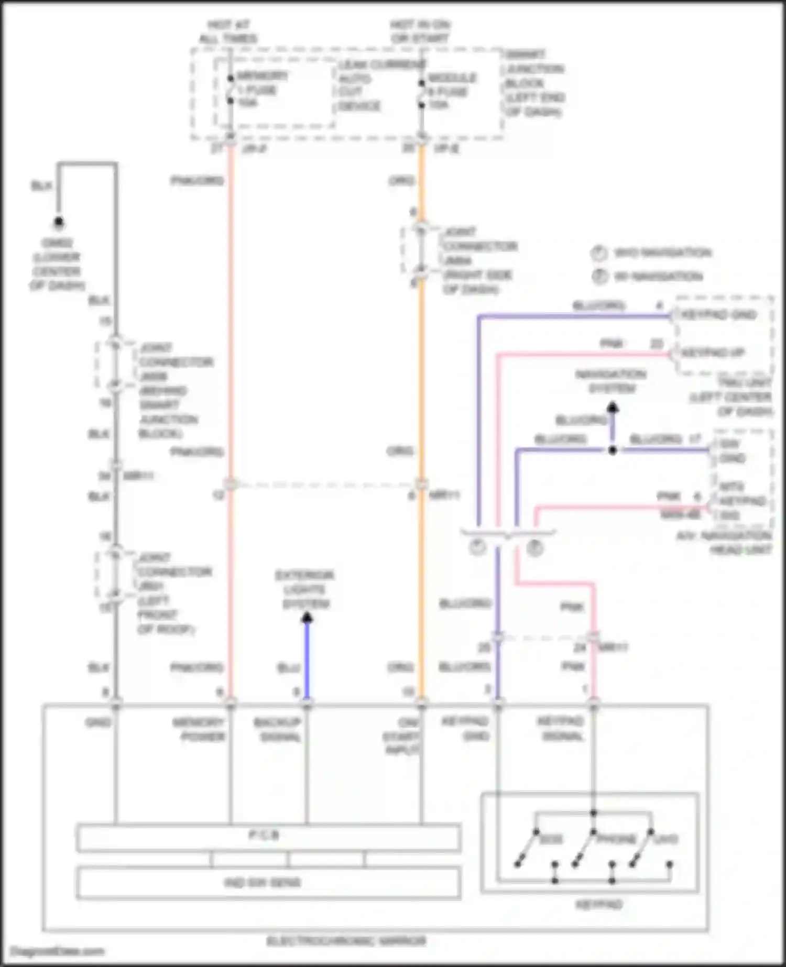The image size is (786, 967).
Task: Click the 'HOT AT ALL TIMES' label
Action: tap(228, 31)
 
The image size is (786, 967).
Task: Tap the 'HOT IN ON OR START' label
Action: tap(420, 31)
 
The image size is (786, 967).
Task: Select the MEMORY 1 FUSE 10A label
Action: tap(260, 90)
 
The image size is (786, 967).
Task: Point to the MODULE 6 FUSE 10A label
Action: tap(451, 91)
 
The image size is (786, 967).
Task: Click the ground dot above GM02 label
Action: tap(59, 222)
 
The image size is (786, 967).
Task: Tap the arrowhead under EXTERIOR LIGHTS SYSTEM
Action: tap(307, 619)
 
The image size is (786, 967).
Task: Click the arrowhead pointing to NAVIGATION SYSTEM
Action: tap(612, 408)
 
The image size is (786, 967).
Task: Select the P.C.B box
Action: tap(268, 837)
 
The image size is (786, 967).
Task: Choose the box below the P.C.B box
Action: tap(268, 883)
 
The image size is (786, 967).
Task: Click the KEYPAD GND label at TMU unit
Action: tap(718, 314)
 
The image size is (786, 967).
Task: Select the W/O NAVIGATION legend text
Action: tap(662, 253)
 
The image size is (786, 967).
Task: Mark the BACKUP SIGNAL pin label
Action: tap(278, 730)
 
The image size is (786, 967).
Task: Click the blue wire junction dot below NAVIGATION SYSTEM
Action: tap(612, 450)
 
